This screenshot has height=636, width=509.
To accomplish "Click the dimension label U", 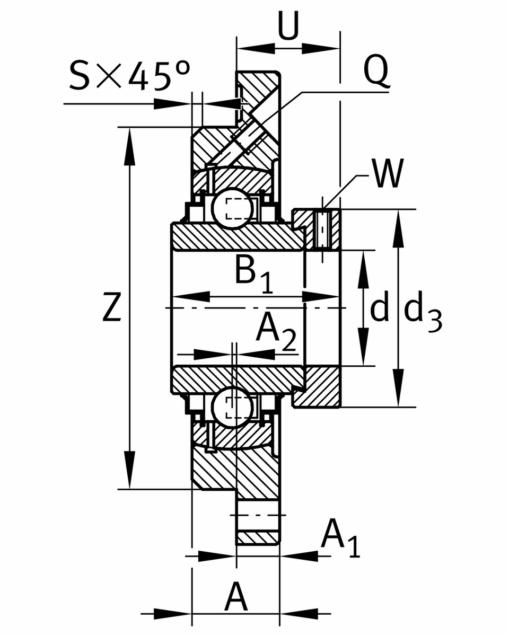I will (x=288, y=26).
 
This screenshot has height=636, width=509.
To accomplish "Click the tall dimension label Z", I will (x=112, y=307).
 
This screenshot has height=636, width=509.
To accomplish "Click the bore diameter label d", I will (x=379, y=309).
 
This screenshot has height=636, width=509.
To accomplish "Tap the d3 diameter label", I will (x=423, y=313).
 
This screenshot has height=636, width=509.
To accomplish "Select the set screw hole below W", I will (x=322, y=229).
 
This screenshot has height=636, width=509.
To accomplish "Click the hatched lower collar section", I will (x=317, y=387).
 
